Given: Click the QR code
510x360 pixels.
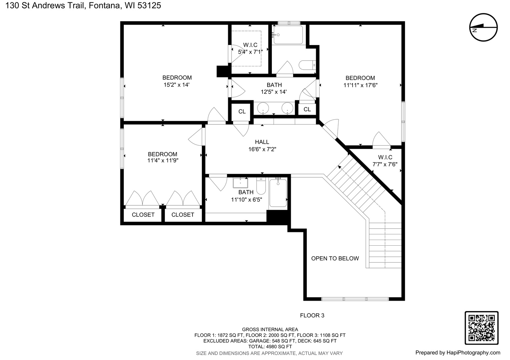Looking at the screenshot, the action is click(482, 328).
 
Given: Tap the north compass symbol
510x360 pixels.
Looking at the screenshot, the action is click(483, 27).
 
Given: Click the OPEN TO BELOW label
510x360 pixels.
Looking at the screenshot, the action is click(335, 258).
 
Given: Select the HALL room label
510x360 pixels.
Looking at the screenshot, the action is click(262, 142).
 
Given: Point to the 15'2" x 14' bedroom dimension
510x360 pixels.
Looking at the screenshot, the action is click(176, 85).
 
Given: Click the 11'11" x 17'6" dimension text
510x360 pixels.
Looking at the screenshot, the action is click(361, 85).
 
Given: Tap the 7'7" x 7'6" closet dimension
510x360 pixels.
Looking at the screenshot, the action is click(385, 164).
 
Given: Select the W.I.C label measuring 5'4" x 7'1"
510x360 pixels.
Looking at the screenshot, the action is click(250, 45).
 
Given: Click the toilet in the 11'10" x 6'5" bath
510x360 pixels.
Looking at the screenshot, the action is click(261, 186).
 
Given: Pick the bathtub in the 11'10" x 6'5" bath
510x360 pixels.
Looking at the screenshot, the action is click(278, 193).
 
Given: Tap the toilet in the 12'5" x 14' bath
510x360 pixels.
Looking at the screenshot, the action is click(307, 65).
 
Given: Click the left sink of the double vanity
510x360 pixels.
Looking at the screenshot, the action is click(263, 108).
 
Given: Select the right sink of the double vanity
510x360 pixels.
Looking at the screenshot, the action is click(287, 108).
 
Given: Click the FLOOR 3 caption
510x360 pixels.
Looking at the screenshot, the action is click(312, 315).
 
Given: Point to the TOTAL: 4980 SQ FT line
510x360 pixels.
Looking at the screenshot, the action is click(270, 347).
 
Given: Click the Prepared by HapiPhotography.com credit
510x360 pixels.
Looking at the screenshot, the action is click(458, 353).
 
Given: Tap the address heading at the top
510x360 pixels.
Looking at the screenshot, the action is click(83, 5).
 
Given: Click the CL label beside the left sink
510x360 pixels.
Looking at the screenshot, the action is click(242, 112).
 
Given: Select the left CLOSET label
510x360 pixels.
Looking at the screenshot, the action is click(143, 215).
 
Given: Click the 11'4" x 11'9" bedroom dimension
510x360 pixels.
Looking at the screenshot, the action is click(163, 160).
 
